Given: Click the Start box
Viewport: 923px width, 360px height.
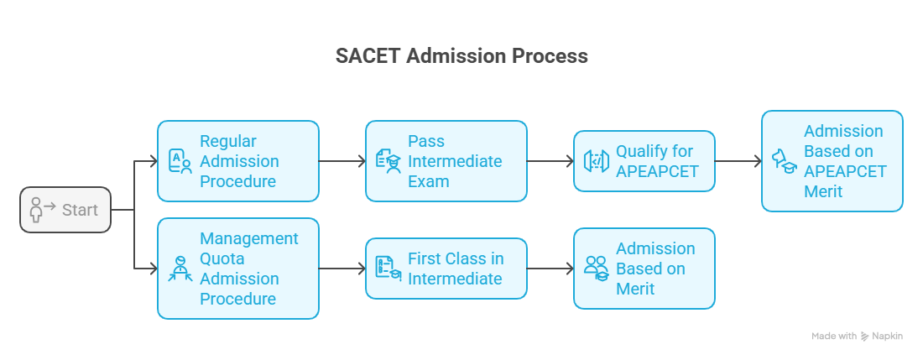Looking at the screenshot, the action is pos(65,210).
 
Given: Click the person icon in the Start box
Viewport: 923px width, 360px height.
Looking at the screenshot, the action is pos(36,210).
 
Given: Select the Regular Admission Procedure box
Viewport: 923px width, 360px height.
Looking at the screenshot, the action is pos(237,161).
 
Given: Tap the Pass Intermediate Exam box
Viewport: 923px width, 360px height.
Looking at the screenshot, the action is pos(446,161).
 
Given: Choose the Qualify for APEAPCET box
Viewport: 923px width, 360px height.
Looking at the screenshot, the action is pos(644,161).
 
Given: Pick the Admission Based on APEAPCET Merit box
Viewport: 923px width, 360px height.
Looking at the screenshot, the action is pos(832,161).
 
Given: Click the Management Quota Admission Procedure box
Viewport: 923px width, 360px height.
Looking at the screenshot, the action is pos(237,269).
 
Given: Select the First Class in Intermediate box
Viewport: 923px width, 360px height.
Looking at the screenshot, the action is pos(446,269).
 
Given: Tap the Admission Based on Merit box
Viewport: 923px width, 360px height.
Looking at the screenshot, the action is pos(644,269).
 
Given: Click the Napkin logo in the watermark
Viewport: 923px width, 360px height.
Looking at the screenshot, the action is pos(865,337).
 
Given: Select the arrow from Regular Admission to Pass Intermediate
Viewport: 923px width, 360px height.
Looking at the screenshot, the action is pos(342,161).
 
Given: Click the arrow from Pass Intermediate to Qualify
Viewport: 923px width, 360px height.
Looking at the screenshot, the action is pos(550,161).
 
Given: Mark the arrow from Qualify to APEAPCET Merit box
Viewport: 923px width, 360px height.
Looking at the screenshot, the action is pos(738,161).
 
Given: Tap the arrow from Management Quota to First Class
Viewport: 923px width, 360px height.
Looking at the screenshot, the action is pos(342,269).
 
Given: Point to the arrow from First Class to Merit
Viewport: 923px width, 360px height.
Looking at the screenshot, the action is pos(550,269).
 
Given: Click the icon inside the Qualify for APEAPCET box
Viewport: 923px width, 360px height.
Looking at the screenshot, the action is pos(597,160).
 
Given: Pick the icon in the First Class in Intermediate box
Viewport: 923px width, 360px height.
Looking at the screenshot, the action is pos(388,269).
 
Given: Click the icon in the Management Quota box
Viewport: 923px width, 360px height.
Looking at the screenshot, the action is pos(180,269).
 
